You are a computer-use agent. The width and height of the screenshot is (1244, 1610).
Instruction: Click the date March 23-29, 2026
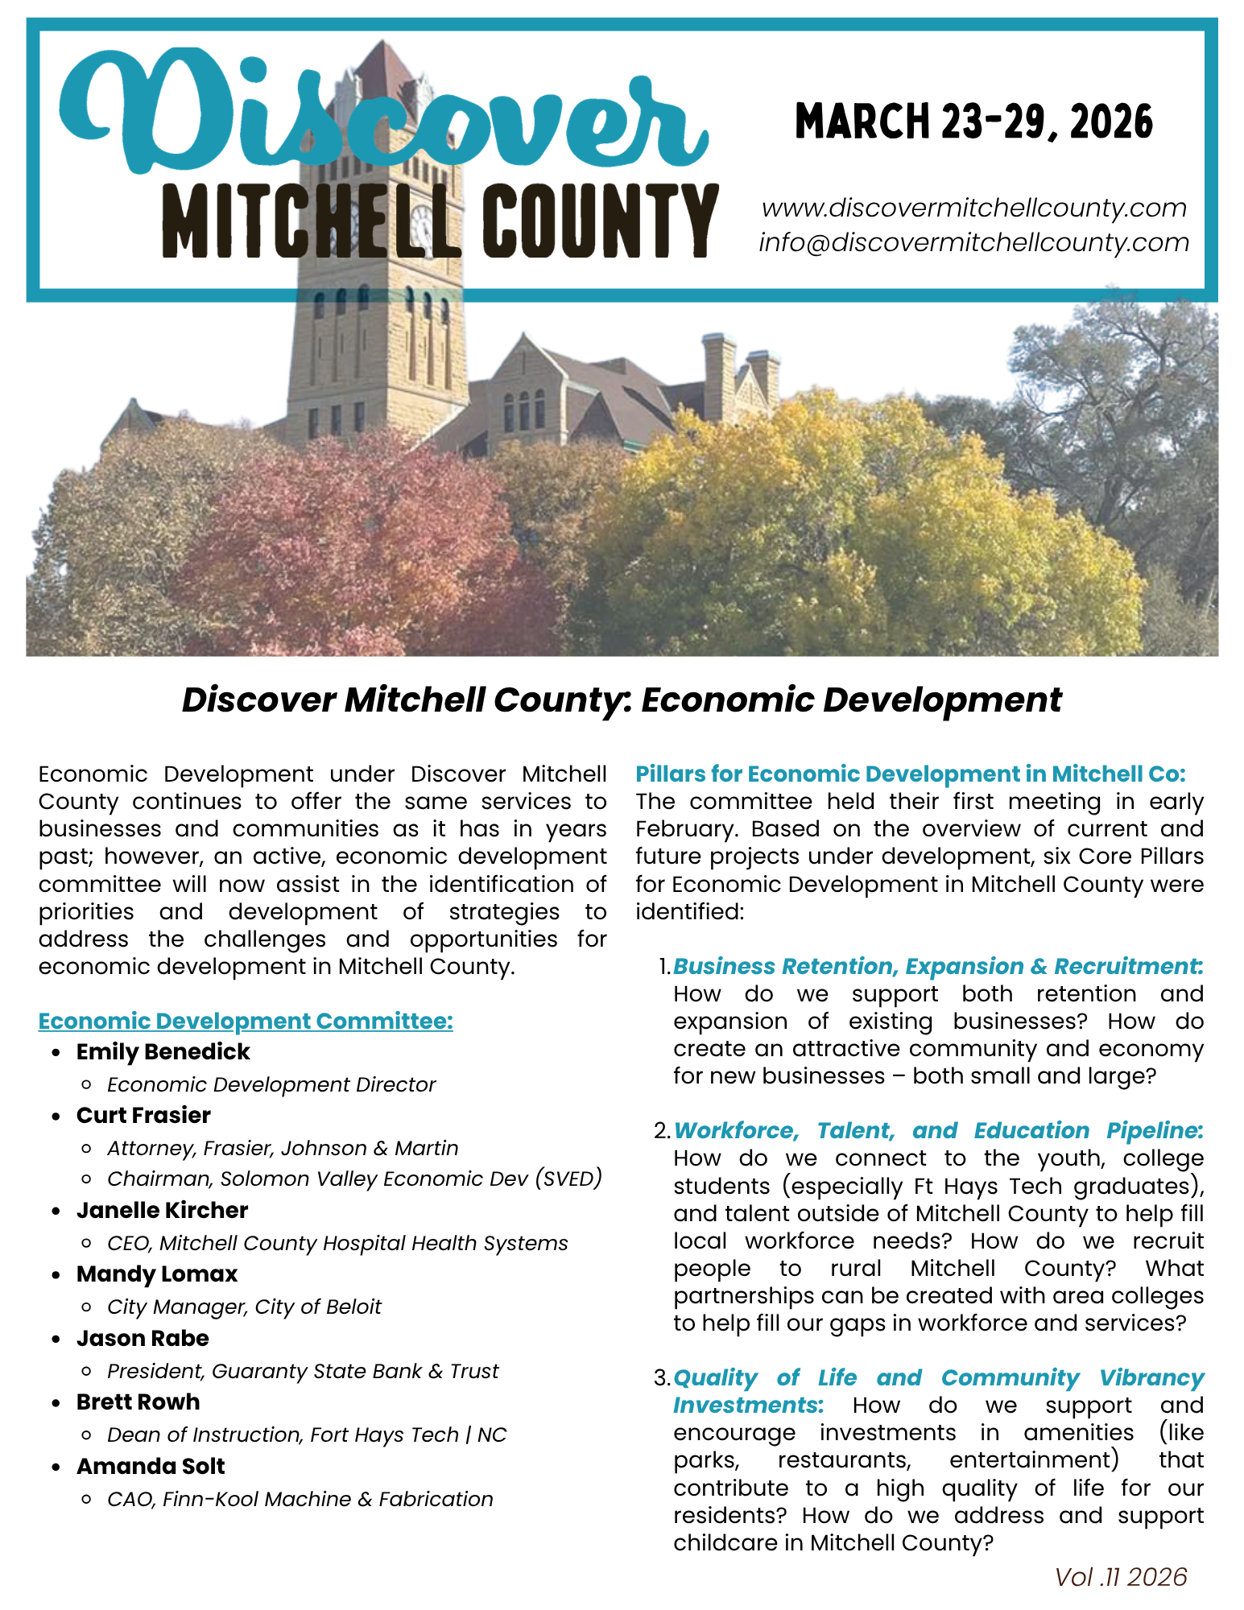coord(973,122)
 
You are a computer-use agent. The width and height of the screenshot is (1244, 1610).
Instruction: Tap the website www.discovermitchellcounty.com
coord(973,208)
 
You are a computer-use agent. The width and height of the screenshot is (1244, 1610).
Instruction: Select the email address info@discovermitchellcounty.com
coord(973,242)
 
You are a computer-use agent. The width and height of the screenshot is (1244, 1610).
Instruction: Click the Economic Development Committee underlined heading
coord(246,1021)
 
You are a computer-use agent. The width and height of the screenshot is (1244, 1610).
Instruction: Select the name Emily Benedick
coord(163,1052)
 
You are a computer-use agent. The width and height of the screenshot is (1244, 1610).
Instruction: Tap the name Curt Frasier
coord(143,1116)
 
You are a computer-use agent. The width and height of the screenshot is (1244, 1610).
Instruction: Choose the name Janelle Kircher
coord(162,1211)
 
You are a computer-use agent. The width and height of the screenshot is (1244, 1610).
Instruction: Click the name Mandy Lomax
coord(157,1274)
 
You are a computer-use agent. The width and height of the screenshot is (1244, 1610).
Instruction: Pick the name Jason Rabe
coord(143,1339)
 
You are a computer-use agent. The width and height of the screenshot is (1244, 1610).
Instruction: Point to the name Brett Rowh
coord(138,1402)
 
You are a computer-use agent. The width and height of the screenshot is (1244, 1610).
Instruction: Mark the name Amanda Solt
coord(151,1467)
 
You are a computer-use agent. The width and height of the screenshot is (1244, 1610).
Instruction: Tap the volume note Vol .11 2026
coord(1121,1577)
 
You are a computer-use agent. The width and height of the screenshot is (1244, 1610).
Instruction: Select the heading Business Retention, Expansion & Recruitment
coord(938,966)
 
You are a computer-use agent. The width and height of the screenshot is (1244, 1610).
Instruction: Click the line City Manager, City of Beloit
coord(244,1307)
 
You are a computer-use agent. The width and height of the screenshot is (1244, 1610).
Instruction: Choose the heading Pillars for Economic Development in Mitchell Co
coord(910,774)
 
